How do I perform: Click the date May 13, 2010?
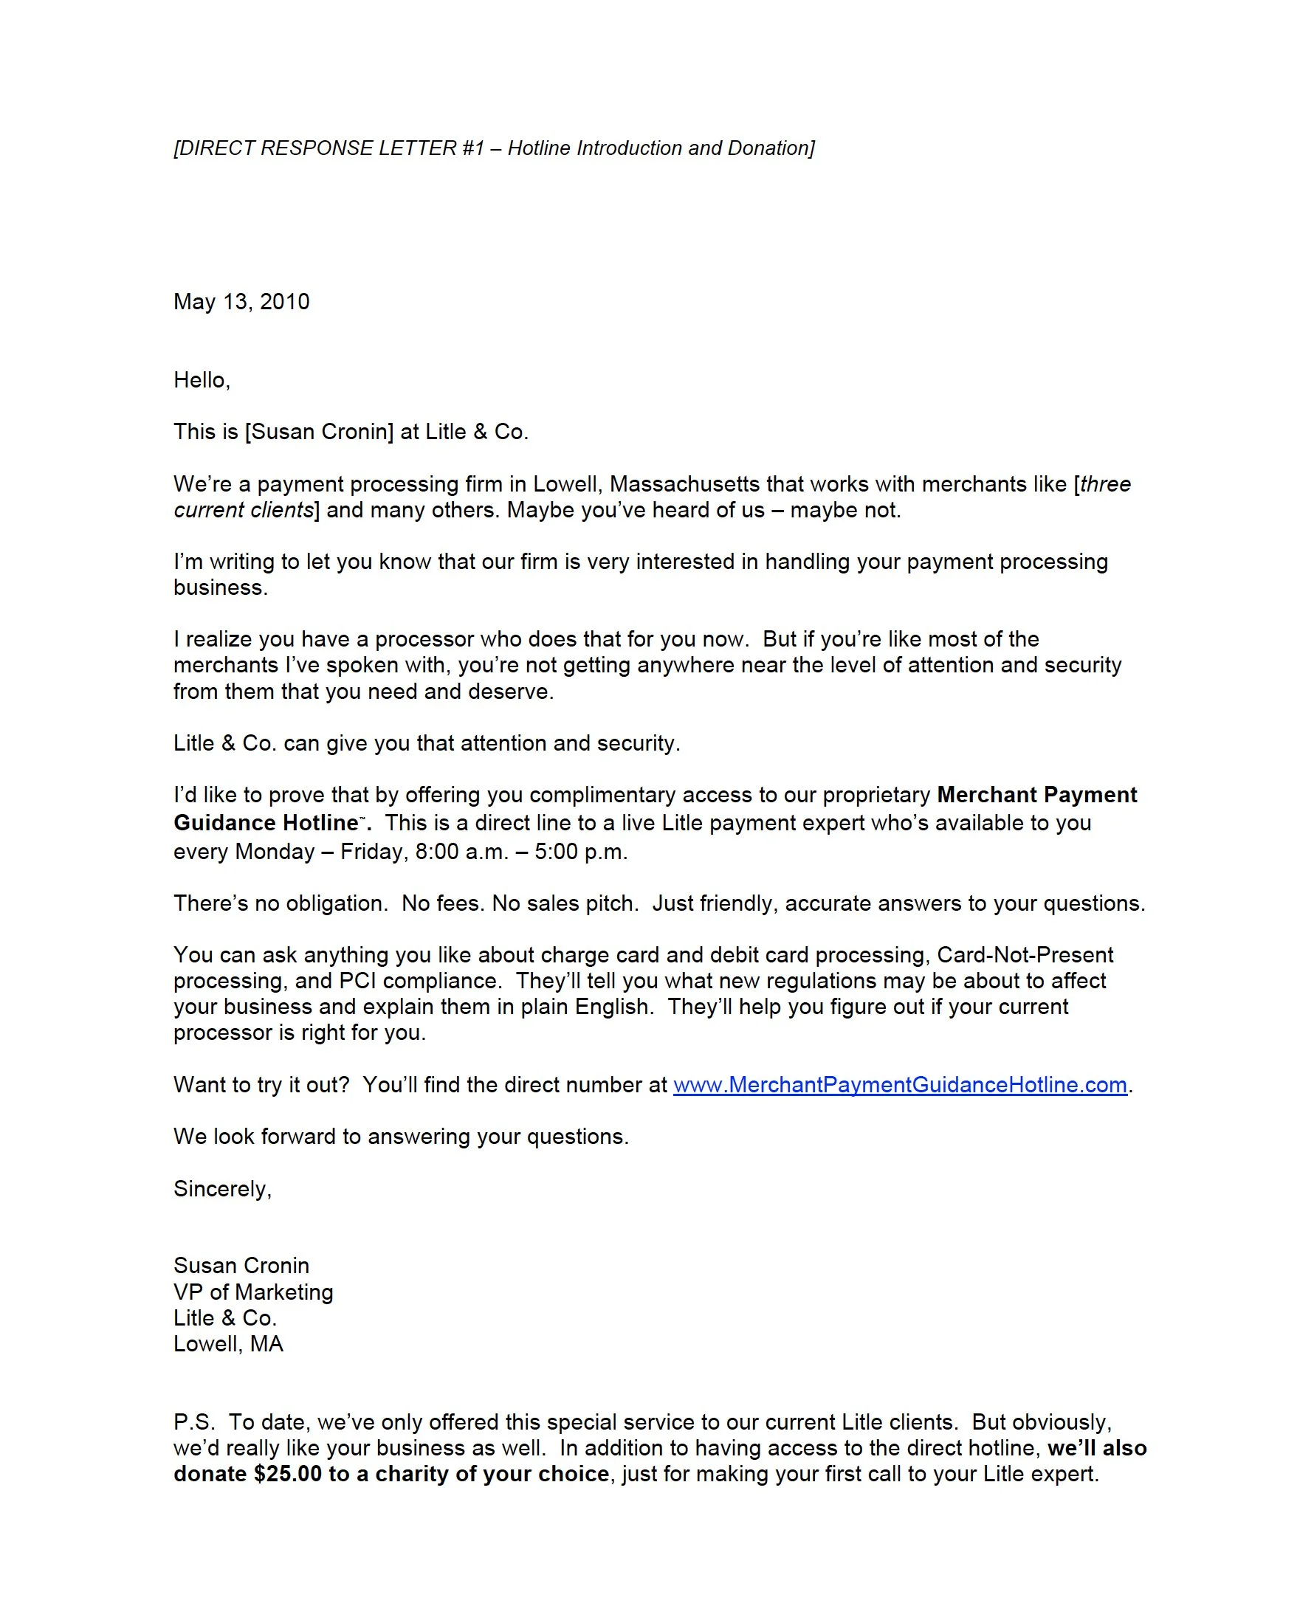[x=241, y=302]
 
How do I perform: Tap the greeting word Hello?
[x=200, y=380]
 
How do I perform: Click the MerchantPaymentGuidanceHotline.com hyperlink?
[x=900, y=1084]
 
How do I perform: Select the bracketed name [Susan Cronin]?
[x=319, y=432]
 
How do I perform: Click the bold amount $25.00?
[x=288, y=1474]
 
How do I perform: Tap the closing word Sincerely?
[x=220, y=1188]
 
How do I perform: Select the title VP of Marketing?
[x=252, y=1292]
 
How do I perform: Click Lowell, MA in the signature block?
[x=228, y=1343]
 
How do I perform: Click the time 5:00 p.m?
[x=580, y=852]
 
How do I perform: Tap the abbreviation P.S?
[x=193, y=1421]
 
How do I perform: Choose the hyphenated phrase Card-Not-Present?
[x=1025, y=954]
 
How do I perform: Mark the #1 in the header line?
[x=472, y=148]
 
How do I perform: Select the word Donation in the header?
[x=770, y=148]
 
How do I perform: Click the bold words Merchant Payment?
[x=1036, y=795]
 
